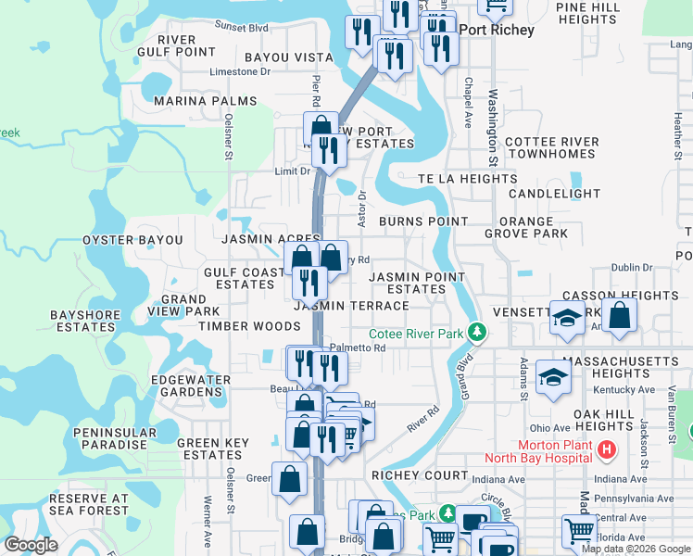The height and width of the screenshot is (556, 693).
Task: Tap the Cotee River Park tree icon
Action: tap(477, 331)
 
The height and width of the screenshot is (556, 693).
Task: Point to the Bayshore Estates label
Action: tap(85, 321)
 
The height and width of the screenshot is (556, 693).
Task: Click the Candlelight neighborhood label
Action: tap(554, 194)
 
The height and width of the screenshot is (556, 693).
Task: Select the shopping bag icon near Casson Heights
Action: tap(620, 314)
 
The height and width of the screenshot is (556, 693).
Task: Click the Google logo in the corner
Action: tap(31, 545)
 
